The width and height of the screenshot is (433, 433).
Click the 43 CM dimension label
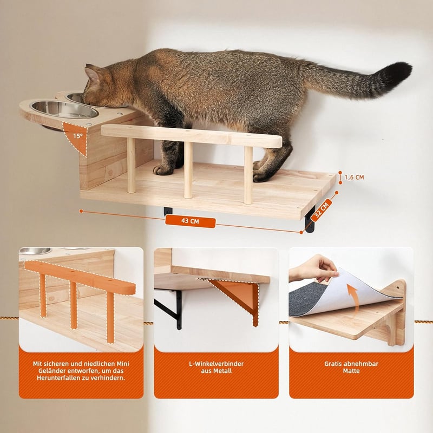pyautogui.click(x=191, y=221)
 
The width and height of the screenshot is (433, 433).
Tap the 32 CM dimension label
pyautogui.click(x=322, y=209)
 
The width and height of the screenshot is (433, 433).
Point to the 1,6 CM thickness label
pyautogui.click(x=354, y=178)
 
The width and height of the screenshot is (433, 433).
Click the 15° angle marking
pyautogui.click(x=78, y=136)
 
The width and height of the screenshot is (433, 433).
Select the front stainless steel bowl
pyautogui.click(x=64, y=109)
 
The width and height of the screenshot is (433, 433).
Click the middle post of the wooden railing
pyautogui.click(x=188, y=170)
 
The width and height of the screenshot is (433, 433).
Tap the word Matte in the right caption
pyautogui.click(x=351, y=371)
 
